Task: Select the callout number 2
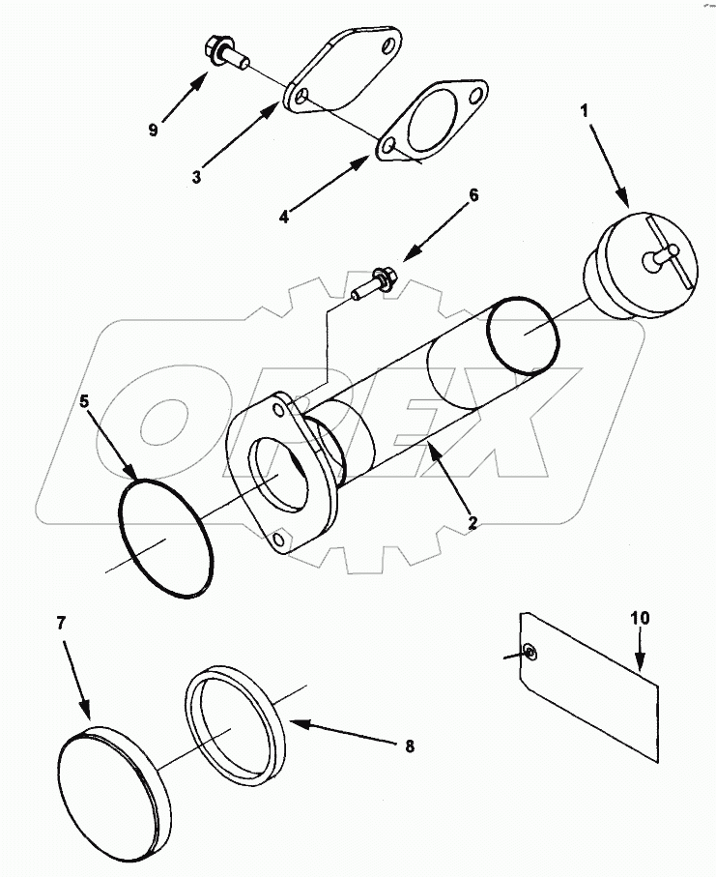(473, 522)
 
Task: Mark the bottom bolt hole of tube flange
(280, 543)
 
